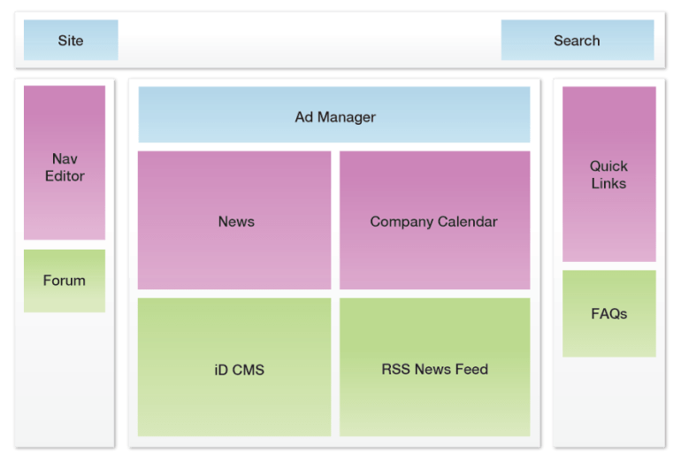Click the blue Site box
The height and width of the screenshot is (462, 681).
[71, 40]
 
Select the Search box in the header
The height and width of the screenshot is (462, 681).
[577, 40]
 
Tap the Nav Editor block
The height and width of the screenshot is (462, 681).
[65, 163]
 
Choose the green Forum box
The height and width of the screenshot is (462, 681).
[65, 281]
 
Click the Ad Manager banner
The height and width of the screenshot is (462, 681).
[334, 115]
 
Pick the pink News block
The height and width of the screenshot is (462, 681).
[235, 220]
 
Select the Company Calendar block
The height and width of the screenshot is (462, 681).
[434, 220]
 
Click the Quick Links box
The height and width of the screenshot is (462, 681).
[608, 173]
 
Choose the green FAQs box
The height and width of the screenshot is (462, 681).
[608, 313]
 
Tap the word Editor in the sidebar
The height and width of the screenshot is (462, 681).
[65, 176]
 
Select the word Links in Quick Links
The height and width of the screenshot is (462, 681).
[608, 184]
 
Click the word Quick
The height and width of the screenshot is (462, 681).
[608, 166]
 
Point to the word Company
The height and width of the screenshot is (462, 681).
[402, 222]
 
